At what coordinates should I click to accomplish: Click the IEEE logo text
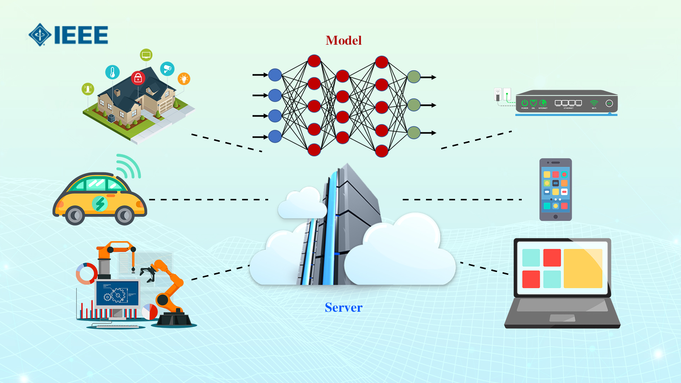click(81, 35)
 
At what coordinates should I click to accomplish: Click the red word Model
click(343, 40)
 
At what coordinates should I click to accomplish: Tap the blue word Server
click(343, 307)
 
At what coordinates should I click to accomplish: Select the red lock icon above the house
click(138, 78)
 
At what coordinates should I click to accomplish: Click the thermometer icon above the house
click(112, 72)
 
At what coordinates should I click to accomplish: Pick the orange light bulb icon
click(184, 79)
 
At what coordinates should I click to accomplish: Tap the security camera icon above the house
click(167, 68)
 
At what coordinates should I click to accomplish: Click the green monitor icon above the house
click(146, 55)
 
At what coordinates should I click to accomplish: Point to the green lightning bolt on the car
click(100, 204)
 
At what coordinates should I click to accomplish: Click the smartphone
click(555, 190)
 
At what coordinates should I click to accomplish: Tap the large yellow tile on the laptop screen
click(583, 268)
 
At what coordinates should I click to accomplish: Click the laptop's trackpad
click(562, 318)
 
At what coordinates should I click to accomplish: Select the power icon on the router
click(525, 103)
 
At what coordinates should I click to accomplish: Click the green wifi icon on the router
click(594, 103)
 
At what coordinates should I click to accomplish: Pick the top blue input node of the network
click(275, 75)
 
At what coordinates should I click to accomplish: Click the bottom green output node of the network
click(414, 133)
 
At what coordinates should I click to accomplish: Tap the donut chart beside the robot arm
click(87, 273)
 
